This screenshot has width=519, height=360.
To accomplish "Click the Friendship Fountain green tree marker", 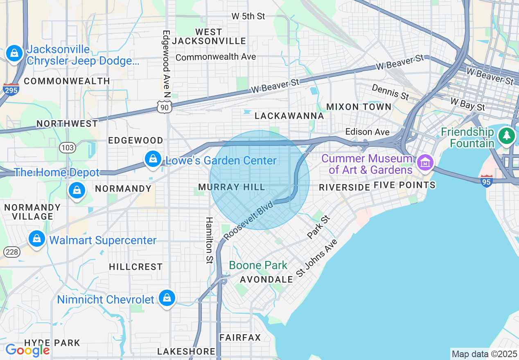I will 507,136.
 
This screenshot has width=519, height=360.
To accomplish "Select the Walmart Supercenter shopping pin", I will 37,239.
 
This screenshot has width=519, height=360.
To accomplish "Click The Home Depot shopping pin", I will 77,190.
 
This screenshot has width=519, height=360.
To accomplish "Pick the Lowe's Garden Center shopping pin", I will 153,159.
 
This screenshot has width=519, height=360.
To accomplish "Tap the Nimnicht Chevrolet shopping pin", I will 167,298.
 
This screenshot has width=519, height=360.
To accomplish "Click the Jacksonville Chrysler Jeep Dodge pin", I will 14,54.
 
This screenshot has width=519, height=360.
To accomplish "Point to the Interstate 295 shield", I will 11,89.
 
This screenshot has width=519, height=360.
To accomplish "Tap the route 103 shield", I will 67,147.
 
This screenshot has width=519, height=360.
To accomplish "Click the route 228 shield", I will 12,252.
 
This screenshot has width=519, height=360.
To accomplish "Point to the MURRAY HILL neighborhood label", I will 232,187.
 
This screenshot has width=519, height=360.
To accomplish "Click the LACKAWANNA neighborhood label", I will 289,116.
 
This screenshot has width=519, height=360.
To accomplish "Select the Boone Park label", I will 258,265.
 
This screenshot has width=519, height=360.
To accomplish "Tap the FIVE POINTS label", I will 404,185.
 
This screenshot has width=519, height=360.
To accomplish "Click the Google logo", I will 27,350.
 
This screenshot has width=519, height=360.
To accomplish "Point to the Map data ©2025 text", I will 484,354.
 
